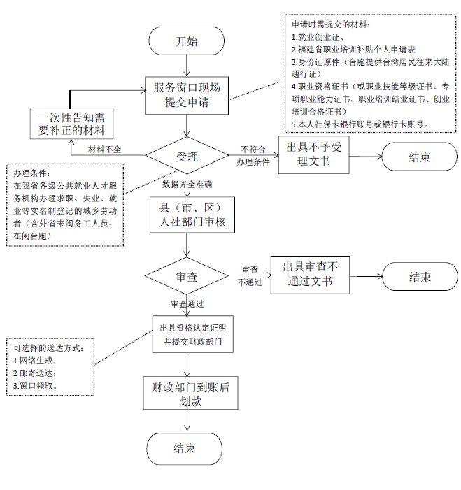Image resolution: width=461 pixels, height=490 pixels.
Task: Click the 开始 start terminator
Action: [x=186, y=41]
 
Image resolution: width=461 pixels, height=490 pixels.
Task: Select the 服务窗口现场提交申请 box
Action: [x=187, y=95]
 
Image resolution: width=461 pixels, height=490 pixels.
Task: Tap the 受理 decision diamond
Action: [x=187, y=155]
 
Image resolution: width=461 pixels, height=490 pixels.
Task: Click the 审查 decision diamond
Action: [x=187, y=275]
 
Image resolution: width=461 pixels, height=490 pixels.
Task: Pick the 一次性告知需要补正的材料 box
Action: [x=71, y=124]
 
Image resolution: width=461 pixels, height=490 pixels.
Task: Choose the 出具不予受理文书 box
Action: [x=313, y=154]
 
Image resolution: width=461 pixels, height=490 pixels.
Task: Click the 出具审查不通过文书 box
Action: [x=310, y=275]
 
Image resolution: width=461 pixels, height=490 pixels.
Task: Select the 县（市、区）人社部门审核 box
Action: [x=192, y=215]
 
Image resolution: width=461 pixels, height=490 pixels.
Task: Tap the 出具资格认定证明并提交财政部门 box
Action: [x=192, y=334]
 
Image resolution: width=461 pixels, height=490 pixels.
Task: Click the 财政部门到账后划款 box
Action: [x=190, y=393]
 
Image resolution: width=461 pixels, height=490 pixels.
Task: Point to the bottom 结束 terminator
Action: [x=184, y=449]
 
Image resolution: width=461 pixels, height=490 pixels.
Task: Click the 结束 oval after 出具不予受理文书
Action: [x=420, y=157]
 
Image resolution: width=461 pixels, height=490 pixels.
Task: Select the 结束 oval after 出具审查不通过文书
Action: [x=420, y=277]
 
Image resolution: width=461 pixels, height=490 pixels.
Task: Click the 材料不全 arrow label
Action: [x=104, y=150]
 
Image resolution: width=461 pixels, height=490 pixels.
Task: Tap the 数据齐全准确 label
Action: [x=187, y=185]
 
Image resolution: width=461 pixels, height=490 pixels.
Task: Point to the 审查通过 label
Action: [x=187, y=304]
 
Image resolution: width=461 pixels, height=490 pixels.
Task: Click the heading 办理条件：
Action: [x=31, y=173]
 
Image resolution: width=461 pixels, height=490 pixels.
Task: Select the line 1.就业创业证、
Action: [x=318, y=37]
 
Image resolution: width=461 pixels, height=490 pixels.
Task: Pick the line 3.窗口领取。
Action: [x=36, y=386]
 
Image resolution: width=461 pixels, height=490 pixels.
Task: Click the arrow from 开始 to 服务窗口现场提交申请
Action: [x=187, y=66]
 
